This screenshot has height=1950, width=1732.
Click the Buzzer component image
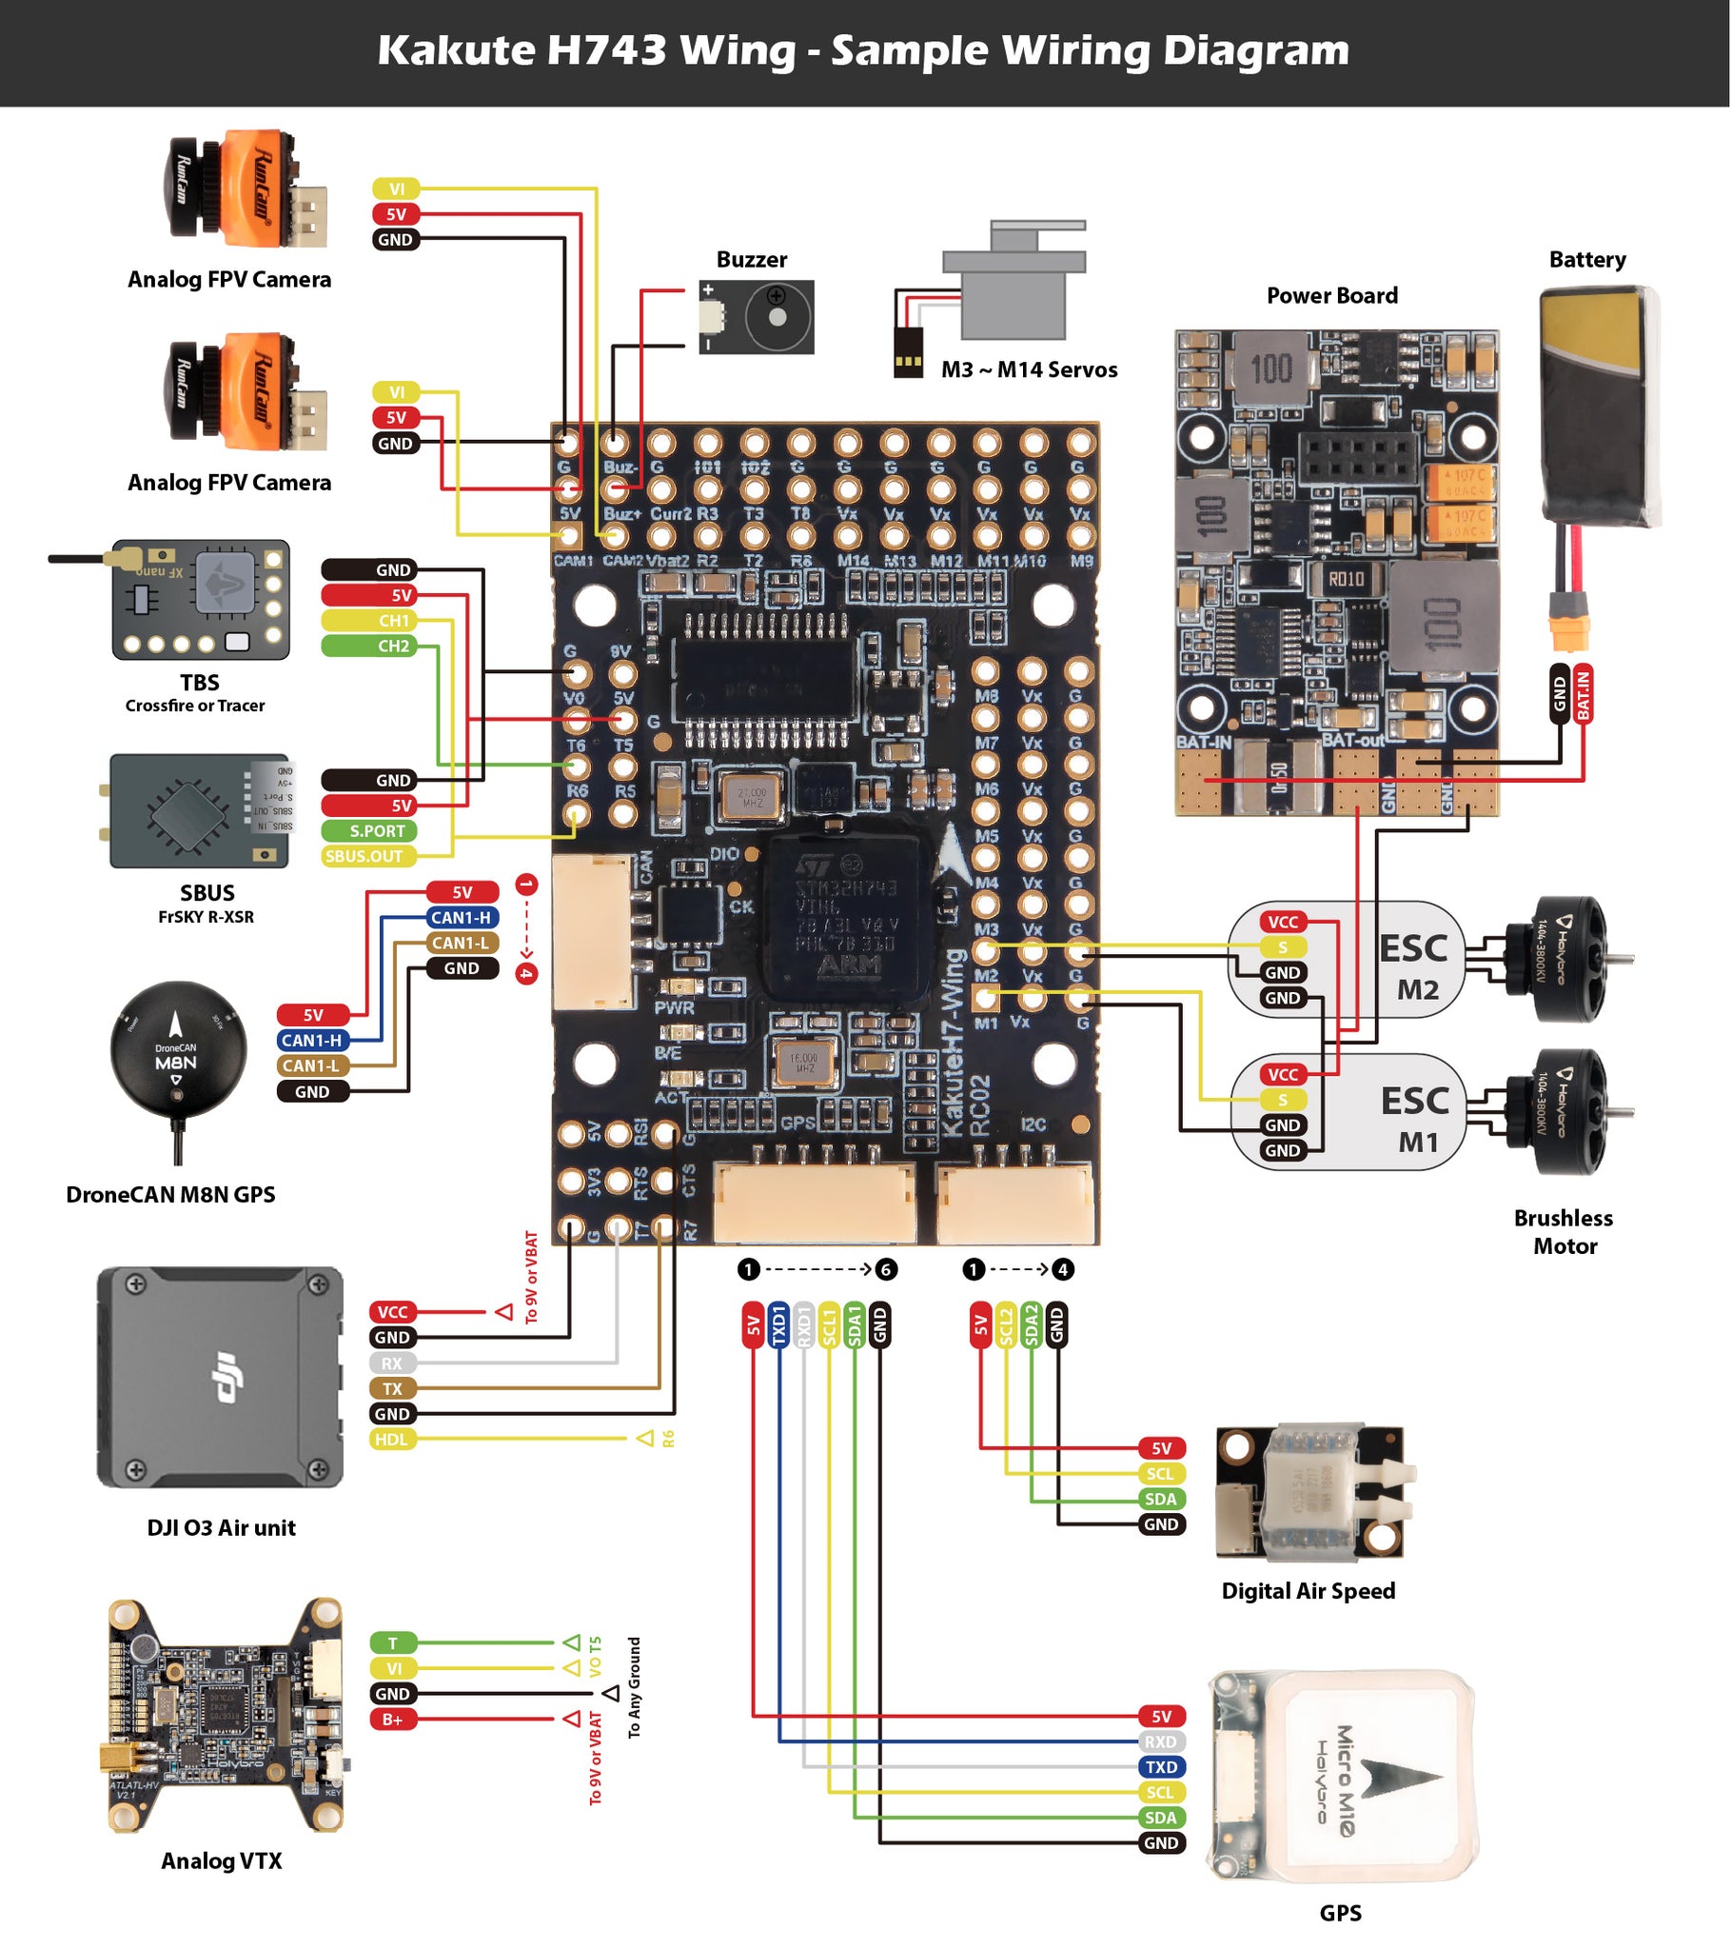click(x=757, y=317)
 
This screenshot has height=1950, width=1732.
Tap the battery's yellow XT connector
click(x=1570, y=625)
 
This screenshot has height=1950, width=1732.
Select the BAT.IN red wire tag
click(x=1584, y=694)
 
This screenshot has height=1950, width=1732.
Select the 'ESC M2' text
click(x=1416, y=967)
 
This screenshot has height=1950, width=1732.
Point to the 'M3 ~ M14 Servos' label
click(x=1030, y=370)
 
